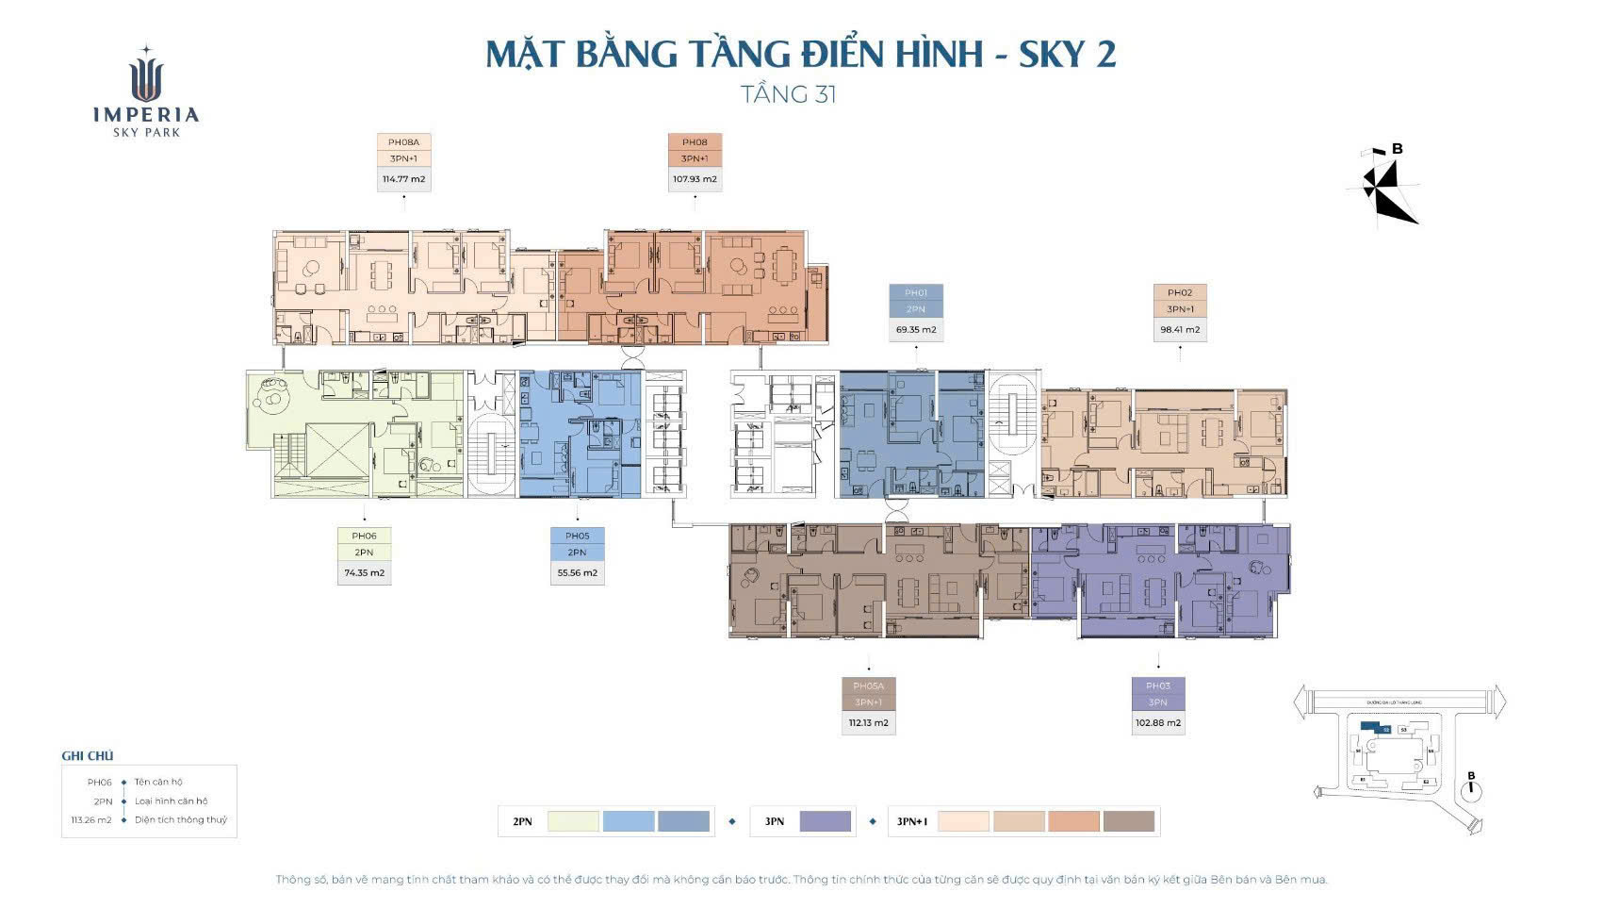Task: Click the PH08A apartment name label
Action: coord(403,142)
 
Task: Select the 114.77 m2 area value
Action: coord(403,179)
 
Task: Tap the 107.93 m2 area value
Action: coord(695,179)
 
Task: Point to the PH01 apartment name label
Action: coord(916,293)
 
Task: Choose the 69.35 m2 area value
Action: coord(916,330)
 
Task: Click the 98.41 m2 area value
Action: coord(1180,330)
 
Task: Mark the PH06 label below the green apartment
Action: coord(364,536)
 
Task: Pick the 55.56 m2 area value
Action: coord(577,572)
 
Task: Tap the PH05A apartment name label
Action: coord(868,686)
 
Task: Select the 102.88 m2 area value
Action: coord(1158,723)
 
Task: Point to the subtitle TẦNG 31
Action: coord(789,94)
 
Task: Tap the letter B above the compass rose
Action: coord(1398,149)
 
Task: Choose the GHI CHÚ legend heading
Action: coord(87,755)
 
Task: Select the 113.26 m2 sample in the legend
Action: coord(90,820)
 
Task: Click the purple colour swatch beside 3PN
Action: coord(825,821)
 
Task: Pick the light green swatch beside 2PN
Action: coord(573,821)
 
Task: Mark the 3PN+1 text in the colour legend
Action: coord(911,822)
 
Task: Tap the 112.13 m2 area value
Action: coord(868,723)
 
